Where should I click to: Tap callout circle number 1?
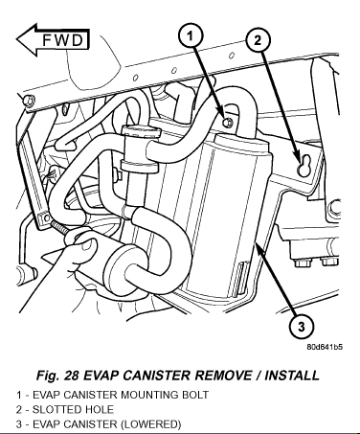191,36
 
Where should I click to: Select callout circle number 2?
258,40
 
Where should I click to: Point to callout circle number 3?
301,327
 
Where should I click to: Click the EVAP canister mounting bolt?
227,122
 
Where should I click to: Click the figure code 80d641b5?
325,347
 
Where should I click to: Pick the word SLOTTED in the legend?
53,409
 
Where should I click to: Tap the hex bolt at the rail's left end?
30,101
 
